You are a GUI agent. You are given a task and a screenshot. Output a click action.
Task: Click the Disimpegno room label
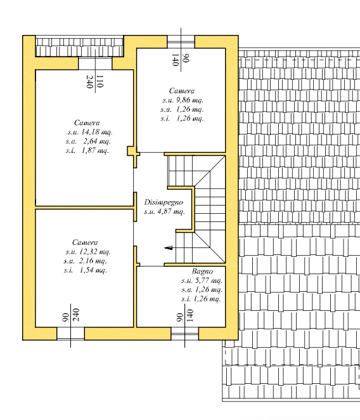[x=164, y=202]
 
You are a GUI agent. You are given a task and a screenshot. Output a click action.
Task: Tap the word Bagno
[x=202, y=272]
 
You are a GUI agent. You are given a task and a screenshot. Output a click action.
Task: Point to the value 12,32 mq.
[x=94, y=252]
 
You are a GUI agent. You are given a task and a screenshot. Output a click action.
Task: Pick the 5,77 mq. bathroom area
[x=209, y=280]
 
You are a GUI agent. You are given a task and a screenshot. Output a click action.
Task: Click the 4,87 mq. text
[x=171, y=212]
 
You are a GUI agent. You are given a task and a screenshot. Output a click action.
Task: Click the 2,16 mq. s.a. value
[x=93, y=261]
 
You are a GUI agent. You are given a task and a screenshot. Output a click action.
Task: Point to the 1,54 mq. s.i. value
[x=93, y=270]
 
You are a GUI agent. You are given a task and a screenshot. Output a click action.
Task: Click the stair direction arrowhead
[x=169, y=248]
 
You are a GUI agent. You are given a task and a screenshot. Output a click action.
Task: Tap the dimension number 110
[x=100, y=81]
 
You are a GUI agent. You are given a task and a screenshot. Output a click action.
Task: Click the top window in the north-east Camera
[x=181, y=42]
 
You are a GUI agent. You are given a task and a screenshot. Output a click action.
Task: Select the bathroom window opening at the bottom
[x=184, y=334]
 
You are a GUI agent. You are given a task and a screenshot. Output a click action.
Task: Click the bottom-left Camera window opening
[x=70, y=334]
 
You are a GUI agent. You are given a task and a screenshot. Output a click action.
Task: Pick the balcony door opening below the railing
[x=95, y=63]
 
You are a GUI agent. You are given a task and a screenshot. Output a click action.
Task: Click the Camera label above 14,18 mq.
[x=87, y=122]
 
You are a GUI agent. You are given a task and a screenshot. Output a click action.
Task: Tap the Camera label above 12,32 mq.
[x=85, y=242]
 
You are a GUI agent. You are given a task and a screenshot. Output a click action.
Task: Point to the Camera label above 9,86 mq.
[x=182, y=91]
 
